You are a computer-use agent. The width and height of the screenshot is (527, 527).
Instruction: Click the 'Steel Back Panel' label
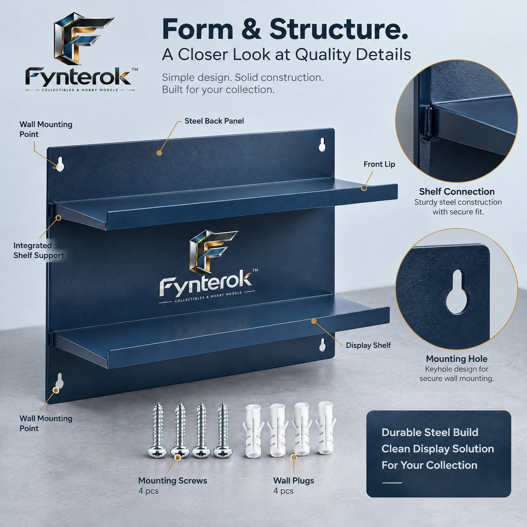pyautogui.click(x=214, y=121)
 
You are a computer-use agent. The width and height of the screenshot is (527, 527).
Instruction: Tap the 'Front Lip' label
pyautogui.click(x=379, y=164)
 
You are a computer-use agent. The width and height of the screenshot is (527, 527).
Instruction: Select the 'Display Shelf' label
pyautogui.click(x=368, y=345)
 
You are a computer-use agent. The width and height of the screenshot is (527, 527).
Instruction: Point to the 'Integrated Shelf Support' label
pyautogui.click(x=39, y=250)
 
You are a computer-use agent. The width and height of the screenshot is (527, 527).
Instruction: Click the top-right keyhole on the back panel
pyautogui.click(x=322, y=144)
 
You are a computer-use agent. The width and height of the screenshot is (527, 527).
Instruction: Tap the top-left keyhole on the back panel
pyautogui.click(x=60, y=164)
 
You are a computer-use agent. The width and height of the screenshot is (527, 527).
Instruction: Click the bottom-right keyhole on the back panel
pyautogui.click(x=322, y=345)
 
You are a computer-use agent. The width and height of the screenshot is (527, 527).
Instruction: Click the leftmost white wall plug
pyautogui.click(x=253, y=431)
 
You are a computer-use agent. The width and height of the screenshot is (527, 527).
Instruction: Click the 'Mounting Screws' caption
pyautogui.click(x=173, y=480)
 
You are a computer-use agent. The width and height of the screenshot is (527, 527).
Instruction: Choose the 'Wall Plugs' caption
pyautogui.click(x=293, y=480)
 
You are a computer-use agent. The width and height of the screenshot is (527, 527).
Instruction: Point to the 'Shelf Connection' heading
pyautogui.click(x=457, y=191)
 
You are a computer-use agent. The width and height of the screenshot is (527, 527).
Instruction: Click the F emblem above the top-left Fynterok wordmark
pyautogui.click(x=83, y=38)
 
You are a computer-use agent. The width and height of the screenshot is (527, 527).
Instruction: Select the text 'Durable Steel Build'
pyautogui.click(x=430, y=433)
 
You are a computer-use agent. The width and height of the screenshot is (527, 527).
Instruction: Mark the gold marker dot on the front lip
pyautogui.click(x=364, y=188)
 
